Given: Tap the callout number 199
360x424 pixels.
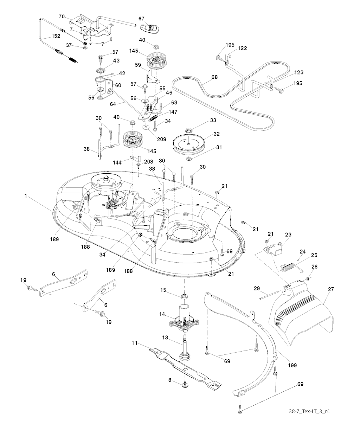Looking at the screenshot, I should coord(291,365).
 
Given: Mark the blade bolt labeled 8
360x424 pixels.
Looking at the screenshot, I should coord(185,386).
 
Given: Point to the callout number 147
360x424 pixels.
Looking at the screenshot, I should coord(173,112).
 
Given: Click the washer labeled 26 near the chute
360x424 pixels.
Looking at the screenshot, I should coord(308,279).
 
